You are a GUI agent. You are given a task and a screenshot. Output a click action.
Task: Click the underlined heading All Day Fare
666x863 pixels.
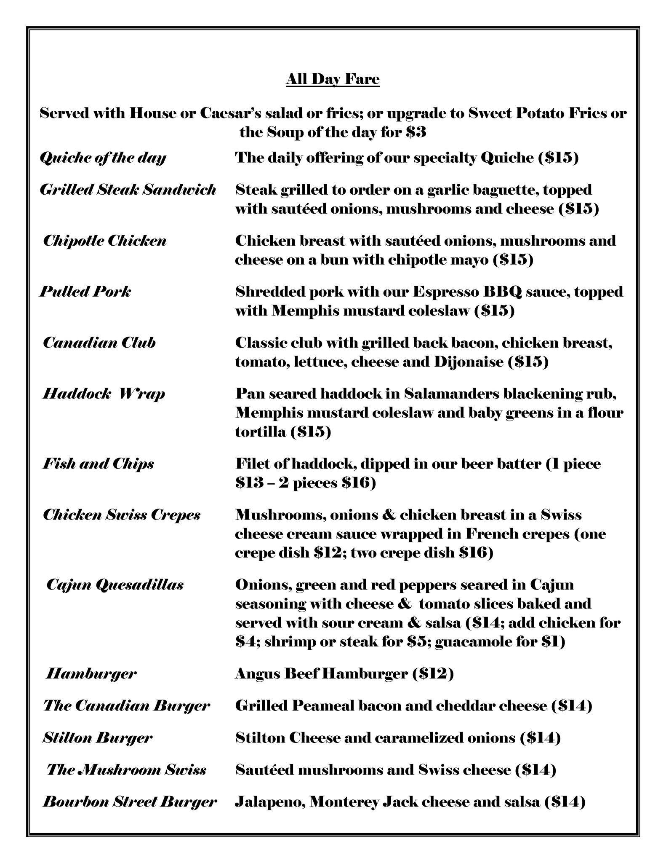333,79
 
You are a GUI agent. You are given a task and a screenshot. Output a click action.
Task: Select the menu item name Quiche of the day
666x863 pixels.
103,158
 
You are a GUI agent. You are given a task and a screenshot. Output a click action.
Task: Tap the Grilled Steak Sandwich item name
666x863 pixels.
128,190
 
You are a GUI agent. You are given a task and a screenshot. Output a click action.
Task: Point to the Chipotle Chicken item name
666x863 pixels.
105,241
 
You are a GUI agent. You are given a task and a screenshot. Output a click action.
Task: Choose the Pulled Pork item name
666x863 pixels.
85,292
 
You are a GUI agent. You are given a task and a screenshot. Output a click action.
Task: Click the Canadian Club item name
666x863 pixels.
99,343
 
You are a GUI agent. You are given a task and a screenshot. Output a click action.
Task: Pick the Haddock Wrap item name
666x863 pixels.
104,394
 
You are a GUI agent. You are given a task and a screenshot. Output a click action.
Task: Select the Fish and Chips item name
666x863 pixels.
99,464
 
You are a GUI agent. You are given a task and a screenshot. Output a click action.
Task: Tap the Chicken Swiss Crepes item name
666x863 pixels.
122,515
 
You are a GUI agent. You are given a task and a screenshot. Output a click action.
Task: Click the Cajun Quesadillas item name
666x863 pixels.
115,585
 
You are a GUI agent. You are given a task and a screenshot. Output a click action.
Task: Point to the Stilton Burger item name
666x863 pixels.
97,738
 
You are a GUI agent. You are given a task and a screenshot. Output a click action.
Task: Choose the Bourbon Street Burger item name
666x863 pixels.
130,801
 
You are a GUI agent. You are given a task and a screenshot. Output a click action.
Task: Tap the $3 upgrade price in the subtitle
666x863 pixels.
416,133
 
